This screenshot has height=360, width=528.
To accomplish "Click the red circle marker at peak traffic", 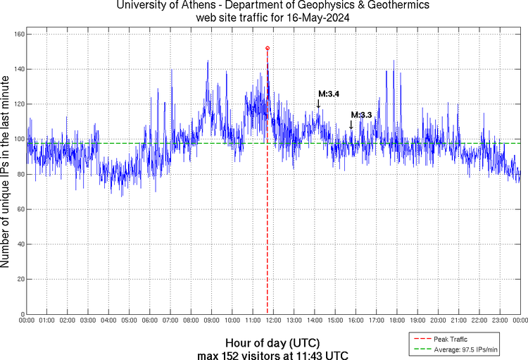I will pos(268,48).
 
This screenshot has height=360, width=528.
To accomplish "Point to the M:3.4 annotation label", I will pos(329,94).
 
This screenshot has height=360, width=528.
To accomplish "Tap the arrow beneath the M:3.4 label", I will pos(318,104).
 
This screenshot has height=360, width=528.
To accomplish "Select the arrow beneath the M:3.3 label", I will pos(351,125).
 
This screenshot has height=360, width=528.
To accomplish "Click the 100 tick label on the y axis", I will pos(19,139).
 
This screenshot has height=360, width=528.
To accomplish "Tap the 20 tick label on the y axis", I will pos(20,279).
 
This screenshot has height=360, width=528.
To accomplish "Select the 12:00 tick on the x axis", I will pos(274,321).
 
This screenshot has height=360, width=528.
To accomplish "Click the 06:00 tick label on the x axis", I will pos(150,321).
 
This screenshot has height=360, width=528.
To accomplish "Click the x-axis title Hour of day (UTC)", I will pos(273,342).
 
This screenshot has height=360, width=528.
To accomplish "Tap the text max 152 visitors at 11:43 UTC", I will pos(273,354).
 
